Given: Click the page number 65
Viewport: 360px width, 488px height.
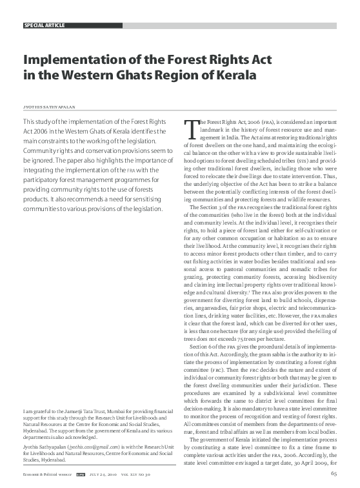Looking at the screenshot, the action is pyautogui.click(x=334, y=474).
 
